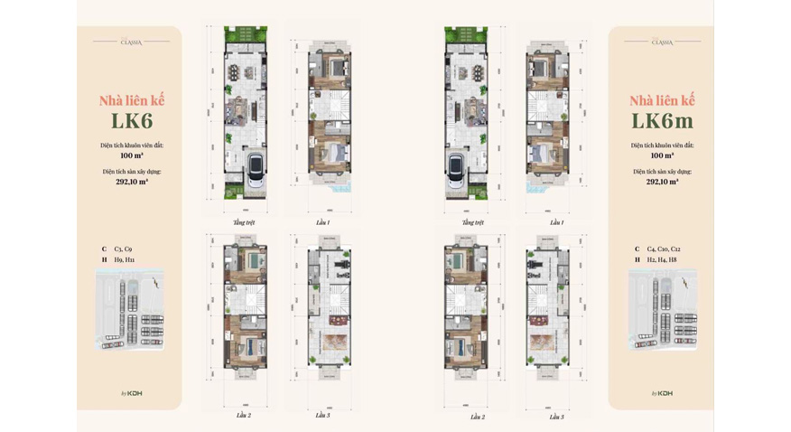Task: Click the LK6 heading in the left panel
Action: coord(132,121)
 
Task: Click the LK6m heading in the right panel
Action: coord(662,121)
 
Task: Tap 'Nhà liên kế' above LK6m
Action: coord(662,100)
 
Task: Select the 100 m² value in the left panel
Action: coord(132,155)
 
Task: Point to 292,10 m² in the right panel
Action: coord(662,182)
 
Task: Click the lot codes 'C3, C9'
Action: coord(124,249)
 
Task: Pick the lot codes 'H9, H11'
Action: coord(125,259)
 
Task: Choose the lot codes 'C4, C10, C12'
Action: coord(664,249)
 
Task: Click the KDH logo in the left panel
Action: coord(134,393)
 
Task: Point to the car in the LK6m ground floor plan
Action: coord(456,168)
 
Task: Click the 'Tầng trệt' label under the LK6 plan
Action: coord(244,221)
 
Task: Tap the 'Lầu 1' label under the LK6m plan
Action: coord(556,221)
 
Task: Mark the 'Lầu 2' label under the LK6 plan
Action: coord(244,416)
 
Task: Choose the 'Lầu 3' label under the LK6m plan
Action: coord(556,416)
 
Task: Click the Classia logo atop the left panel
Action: coord(131,42)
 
